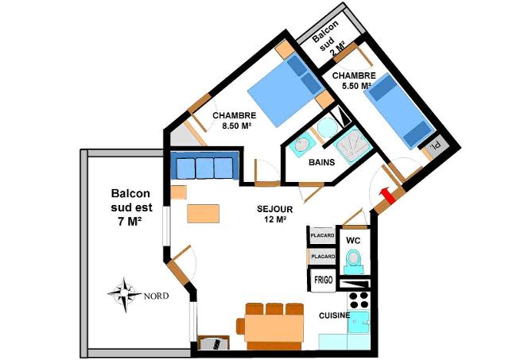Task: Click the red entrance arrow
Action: [387, 195]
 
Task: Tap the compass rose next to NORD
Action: [125, 295]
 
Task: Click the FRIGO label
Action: [324, 280]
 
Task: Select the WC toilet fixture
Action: [354, 261]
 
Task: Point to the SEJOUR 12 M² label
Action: [275, 214]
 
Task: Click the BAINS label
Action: [321, 162]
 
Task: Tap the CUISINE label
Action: [334, 315]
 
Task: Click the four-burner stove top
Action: [359, 300]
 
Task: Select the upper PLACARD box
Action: [322, 235]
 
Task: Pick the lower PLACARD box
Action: [322, 257]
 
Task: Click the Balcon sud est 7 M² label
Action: [130, 207]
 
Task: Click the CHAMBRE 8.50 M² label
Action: [234, 120]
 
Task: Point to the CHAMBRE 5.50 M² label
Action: [353, 80]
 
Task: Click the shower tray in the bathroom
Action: [353, 145]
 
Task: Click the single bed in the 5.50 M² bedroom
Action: [399, 110]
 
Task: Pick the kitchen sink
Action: [359, 322]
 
